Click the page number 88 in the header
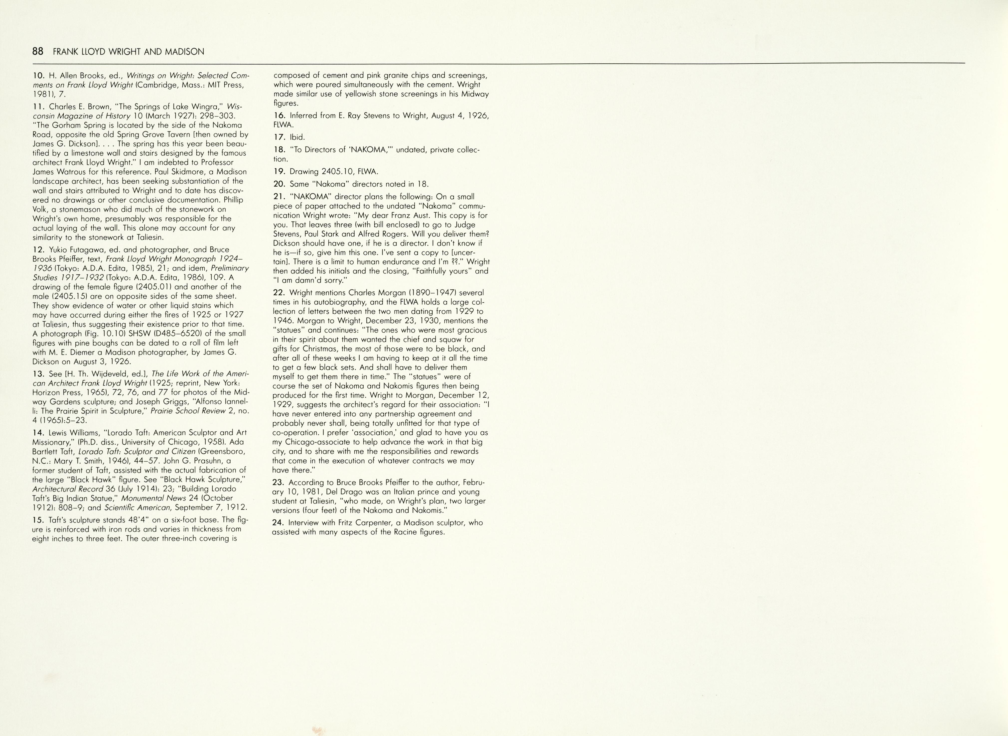tap(38, 52)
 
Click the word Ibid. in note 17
tap(297, 137)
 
